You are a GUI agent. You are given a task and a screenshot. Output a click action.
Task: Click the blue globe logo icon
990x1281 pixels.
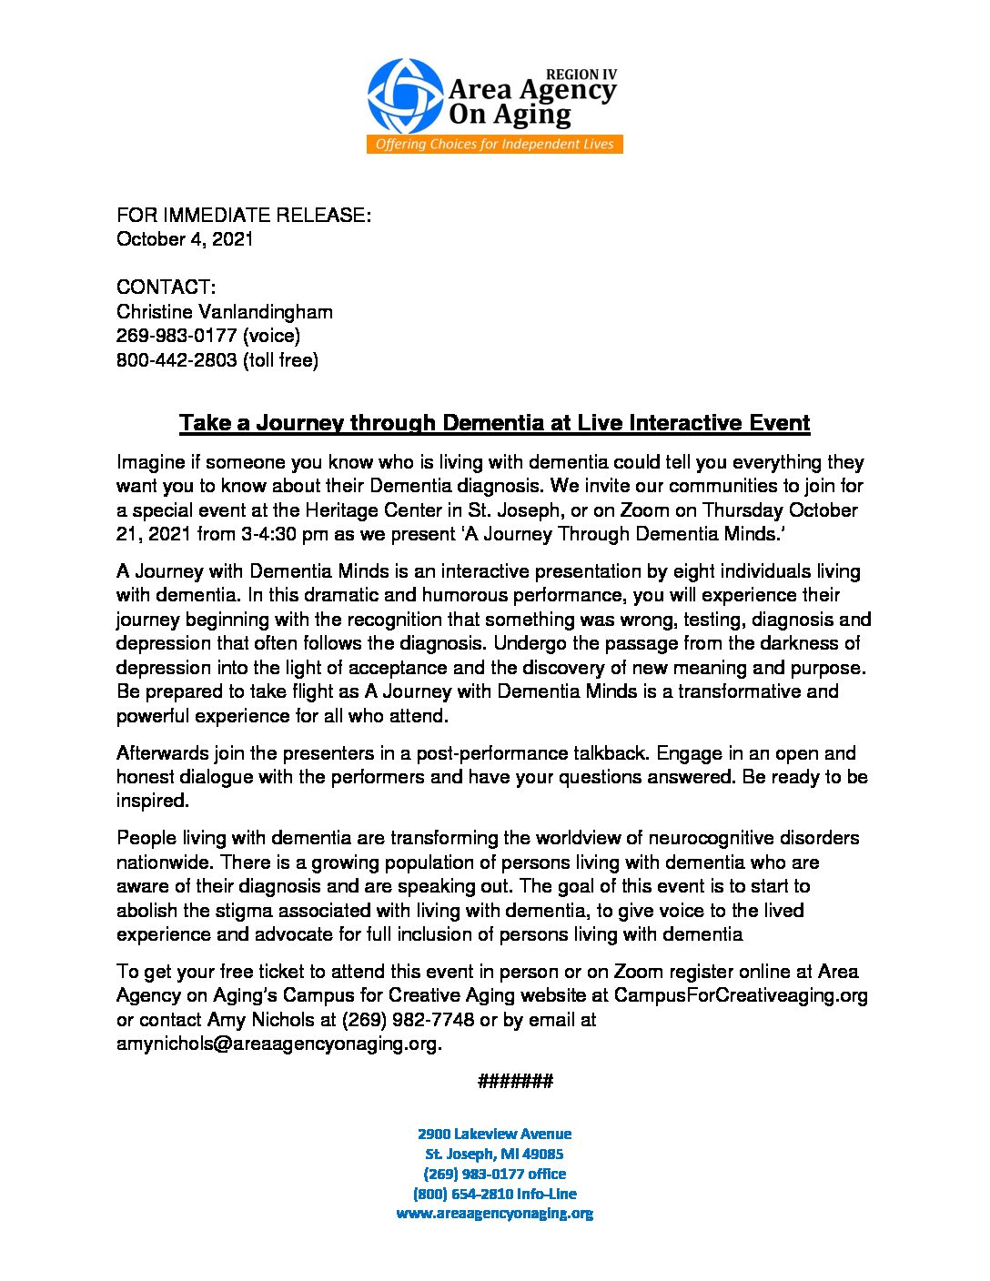[405, 96]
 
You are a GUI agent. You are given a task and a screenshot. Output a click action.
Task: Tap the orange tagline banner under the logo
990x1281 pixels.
[494, 145]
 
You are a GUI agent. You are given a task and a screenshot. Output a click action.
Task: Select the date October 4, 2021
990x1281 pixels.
[185, 239]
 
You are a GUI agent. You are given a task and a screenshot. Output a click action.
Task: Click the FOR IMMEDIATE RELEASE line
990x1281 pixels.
[244, 216]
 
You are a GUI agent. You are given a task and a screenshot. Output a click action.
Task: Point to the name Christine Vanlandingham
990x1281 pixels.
[225, 312]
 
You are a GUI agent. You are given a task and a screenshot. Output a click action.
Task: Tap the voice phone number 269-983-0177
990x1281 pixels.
[177, 336]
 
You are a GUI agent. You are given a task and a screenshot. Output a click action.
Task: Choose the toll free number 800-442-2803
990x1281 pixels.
[177, 360]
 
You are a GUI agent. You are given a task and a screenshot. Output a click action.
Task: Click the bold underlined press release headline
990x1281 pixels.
[494, 423]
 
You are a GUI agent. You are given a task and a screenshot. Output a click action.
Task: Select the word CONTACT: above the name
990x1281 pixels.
[167, 287]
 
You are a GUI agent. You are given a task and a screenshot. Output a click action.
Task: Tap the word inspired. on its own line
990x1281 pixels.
[152, 801]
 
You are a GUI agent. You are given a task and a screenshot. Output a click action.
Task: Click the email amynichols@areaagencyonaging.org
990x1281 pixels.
[278, 1044]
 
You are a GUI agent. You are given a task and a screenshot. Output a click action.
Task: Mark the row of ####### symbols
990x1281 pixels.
[515, 1081]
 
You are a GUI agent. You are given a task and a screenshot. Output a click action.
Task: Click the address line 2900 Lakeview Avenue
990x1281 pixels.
[495, 1134]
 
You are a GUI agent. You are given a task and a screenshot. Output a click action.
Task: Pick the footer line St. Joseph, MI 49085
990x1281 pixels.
[495, 1154]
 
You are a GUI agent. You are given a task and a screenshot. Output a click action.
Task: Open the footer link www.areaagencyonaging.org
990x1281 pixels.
[495, 1214]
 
